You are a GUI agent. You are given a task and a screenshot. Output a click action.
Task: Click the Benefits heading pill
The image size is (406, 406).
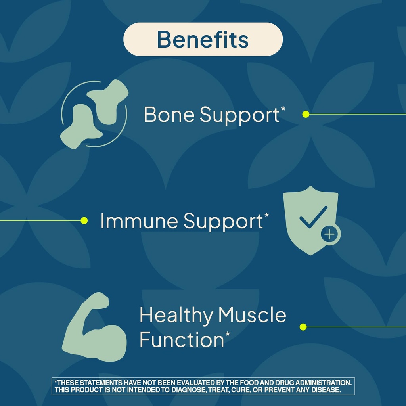(203, 39)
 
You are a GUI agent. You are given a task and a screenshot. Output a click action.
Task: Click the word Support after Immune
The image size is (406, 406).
(223, 222)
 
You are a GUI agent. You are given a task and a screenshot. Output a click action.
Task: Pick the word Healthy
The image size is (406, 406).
(176, 316)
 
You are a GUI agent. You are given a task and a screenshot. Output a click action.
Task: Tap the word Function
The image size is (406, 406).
(182, 340)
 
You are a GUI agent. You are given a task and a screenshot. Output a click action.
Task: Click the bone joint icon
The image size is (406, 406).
(94, 114)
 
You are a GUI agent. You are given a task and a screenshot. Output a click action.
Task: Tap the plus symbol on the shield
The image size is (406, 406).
(330, 235)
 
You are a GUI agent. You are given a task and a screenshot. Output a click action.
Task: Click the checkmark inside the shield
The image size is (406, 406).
(313, 217)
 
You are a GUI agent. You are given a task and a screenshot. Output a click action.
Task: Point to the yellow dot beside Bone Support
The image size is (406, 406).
(306, 114)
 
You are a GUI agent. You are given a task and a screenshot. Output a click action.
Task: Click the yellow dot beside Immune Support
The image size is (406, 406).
(84, 220)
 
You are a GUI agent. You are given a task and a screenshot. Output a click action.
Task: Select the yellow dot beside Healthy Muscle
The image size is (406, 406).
(303, 327)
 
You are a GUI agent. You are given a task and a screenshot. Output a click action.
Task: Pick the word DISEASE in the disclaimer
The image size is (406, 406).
(326, 390)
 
